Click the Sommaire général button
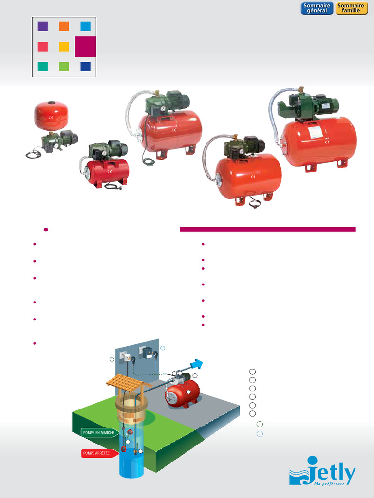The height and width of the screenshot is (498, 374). (x=317, y=8)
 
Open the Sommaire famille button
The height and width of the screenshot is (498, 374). (x=351, y=8)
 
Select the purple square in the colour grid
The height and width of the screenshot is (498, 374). (x=42, y=26)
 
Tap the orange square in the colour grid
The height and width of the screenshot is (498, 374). (x=64, y=26)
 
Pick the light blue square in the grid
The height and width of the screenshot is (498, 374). (x=85, y=26)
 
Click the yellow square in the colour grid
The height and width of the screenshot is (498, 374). (x=64, y=47)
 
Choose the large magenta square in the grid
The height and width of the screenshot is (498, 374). (x=85, y=47)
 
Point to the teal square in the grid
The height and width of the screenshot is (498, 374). (x=42, y=67)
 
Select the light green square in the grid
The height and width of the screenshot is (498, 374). (x=64, y=67)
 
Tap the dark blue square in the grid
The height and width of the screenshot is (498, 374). (x=85, y=67)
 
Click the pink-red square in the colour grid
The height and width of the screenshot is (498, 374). (x=42, y=47)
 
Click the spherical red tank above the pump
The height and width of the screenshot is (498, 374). (x=51, y=116)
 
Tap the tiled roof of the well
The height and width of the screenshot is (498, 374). (x=126, y=384)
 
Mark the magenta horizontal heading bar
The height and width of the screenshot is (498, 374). (x=268, y=229)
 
